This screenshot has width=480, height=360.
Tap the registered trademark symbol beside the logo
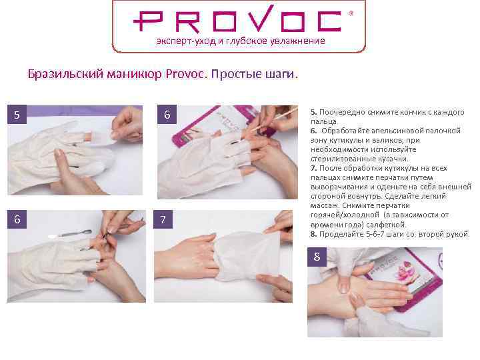tap(351, 13)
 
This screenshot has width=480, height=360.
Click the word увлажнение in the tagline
tap(298, 41)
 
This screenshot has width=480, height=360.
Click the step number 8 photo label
tap(317, 257)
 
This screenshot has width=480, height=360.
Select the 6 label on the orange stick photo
tap(167, 115)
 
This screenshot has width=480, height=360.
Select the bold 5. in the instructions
tap(313, 112)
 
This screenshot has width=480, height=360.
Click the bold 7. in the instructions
tap(313, 168)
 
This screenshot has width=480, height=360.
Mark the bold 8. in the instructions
tap(313, 234)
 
